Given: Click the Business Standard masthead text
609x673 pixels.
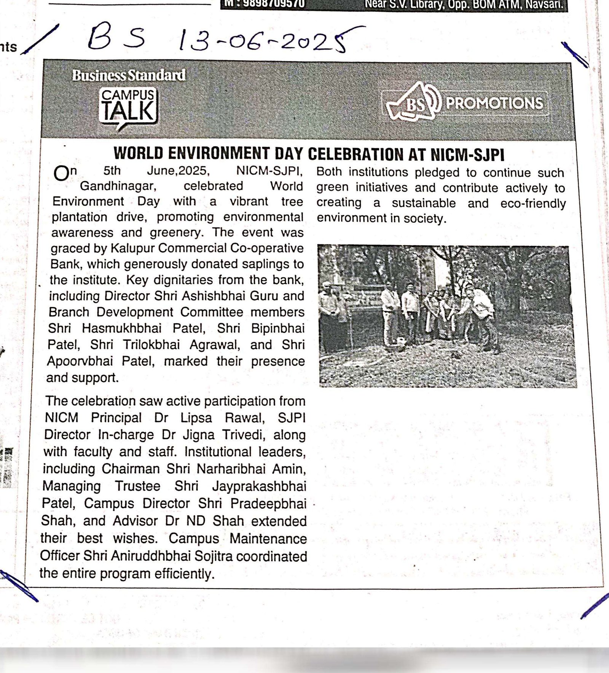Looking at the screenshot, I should tap(129, 75).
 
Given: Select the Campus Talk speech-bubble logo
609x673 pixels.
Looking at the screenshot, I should tap(128, 108).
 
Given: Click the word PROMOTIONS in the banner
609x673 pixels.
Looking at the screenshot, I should tap(494, 103).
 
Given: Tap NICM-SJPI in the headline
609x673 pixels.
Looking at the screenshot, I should tap(467, 155).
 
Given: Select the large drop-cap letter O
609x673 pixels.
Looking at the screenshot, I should tap(61, 174).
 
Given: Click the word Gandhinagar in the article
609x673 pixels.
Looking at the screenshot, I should tap(117, 186).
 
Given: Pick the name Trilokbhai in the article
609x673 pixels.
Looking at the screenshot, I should tap(151, 345).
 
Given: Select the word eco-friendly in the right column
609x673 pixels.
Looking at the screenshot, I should tap(533, 203).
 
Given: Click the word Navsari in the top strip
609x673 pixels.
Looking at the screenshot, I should tap(544, 5).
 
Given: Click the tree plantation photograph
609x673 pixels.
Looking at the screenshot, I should tap(447, 316).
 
